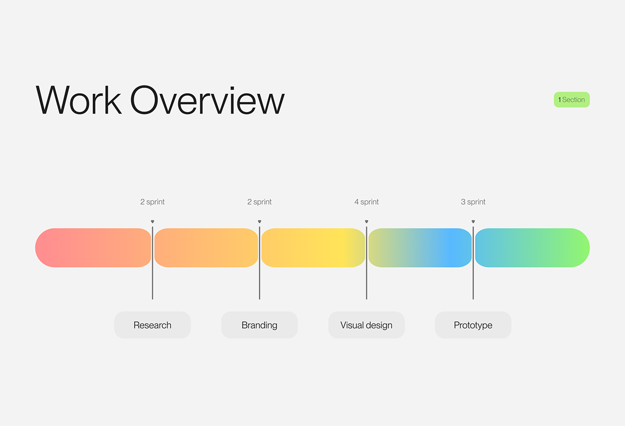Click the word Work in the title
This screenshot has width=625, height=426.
point(79,100)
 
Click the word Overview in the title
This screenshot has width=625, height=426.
point(208,100)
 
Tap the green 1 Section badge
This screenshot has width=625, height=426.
point(572,99)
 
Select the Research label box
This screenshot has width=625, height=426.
point(152,325)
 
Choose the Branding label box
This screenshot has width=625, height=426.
point(259,325)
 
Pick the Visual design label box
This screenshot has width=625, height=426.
point(366,325)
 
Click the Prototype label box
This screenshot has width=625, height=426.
point(473,325)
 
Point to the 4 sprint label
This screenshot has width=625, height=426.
point(366,202)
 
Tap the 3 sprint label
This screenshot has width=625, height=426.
point(473,202)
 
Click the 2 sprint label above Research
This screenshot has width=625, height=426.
point(152,202)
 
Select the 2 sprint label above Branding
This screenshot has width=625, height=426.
point(259,202)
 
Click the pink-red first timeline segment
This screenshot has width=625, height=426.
point(93,248)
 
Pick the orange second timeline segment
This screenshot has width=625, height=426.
point(206,248)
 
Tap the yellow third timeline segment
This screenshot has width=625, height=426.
point(313,248)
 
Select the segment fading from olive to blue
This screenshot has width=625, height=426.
point(420,248)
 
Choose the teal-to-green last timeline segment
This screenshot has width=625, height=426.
point(532,248)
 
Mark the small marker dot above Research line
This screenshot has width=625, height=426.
point(152,221)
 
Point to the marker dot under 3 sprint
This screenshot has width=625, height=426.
point(473,221)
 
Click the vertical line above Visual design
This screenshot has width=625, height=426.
point(367,263)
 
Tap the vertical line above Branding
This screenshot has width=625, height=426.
point(259,263)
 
